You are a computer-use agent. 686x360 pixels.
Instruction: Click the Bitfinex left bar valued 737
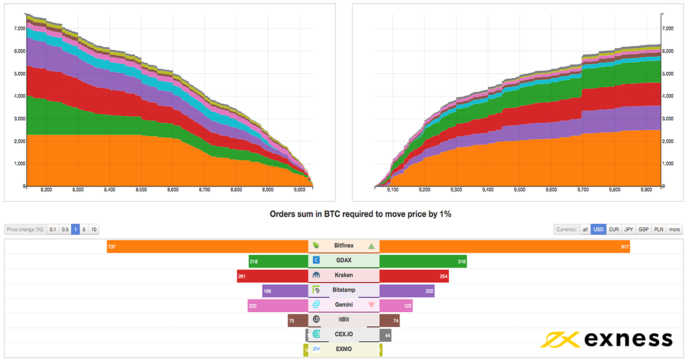click(207, 246)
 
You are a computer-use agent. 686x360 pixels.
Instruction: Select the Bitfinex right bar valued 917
click(504, 246)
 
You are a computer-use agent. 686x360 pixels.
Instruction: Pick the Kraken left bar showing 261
click(272, 276)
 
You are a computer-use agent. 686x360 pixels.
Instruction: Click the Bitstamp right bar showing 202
click(407, 291)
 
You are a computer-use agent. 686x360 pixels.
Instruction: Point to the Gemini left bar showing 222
click(278, 305)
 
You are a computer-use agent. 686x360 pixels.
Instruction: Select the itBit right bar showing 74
click(389, 320)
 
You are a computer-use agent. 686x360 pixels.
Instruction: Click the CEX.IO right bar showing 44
click(385, 335)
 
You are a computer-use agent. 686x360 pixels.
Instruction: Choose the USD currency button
click(598, 229)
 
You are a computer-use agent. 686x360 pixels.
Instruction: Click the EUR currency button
click(614, 229)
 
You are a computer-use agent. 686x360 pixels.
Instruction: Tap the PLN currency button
click(658, 229)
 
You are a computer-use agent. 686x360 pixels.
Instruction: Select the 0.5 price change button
click(65, 229)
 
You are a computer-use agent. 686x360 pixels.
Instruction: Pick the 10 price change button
click(94, 229)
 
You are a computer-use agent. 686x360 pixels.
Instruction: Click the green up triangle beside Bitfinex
click(371, 246)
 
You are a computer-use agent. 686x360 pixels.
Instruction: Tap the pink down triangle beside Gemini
click(371, 305)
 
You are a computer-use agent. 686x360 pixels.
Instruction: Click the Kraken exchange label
click(344, 275)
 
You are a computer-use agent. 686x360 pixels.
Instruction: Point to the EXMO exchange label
click(344, 349)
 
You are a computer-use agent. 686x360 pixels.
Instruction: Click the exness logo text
click(628, 339)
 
